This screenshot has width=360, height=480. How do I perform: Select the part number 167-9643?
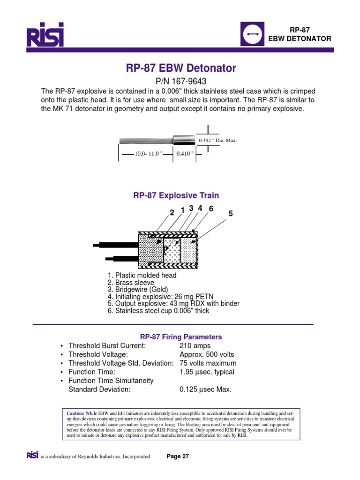click(180, 81)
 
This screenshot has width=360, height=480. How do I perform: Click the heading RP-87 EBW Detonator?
click(181, 68)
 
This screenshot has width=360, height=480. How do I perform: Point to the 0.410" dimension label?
click(185, 154)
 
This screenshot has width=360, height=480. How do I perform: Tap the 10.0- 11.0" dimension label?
click(148, 154)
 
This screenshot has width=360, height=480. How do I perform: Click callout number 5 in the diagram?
click(230, 213)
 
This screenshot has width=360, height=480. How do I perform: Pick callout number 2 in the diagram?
click(172, 212)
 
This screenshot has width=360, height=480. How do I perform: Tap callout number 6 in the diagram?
click(210, 209)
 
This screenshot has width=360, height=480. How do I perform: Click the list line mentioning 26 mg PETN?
click(161, 296)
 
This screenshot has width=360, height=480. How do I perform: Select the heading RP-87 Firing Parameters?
click(181, 337)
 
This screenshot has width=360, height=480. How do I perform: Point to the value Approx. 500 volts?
click(207, 354)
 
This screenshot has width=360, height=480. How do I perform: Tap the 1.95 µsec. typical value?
click(207, 372)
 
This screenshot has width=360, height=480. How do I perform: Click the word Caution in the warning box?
click(71, 412)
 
